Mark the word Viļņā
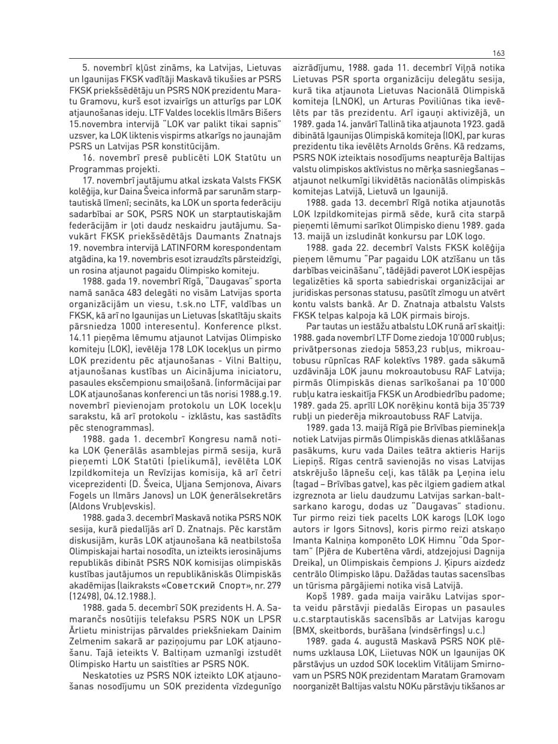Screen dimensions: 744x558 (460, 69)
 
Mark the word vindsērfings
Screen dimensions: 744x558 (439, 629)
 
